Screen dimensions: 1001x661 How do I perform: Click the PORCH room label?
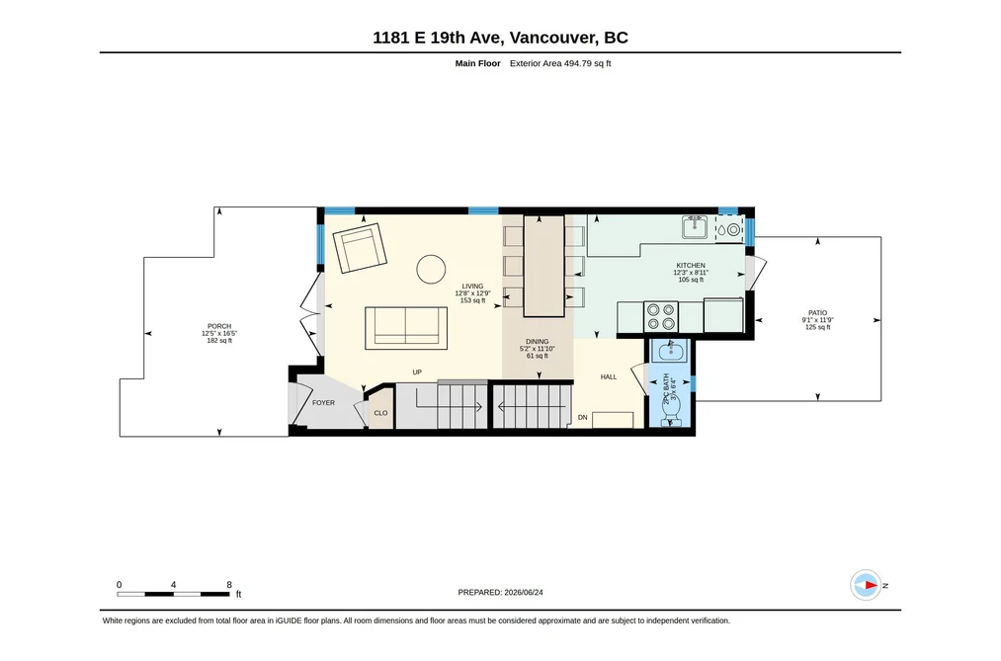click(x=219, y=326)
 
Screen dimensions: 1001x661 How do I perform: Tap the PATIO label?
click(x=817, y=312)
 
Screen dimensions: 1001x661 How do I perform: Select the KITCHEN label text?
click(x=691, y=266)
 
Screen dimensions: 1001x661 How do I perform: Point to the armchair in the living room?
click(x=360, y=248)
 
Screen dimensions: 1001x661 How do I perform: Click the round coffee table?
click(x=431, y=270)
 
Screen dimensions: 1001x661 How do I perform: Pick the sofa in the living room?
click(x=406, y=328)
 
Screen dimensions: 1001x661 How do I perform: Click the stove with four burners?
click(x=661, y=316)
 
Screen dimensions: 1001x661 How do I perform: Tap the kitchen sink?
click(x=695, y=227)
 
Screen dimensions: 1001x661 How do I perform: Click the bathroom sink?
click(x=670, y=351)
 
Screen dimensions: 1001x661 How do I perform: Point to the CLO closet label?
click(x=380, y=413)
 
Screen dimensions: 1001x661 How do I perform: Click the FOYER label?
click(x=324, y=402)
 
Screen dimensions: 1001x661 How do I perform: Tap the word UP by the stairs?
click(x=417, y=372)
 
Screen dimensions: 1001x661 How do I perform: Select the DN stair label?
click(x=582, y=417)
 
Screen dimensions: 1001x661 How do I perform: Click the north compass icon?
click(x=866, y=585)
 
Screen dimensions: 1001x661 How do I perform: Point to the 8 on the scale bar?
click(x=229, y=585)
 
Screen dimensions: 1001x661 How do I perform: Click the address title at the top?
click(x=500, y=38)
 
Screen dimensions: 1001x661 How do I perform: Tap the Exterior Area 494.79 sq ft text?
click(x=560, y=63)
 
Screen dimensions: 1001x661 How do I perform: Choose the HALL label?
click(x=609, y=377)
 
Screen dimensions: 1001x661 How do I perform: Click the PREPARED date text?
click(x=500, y=592)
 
